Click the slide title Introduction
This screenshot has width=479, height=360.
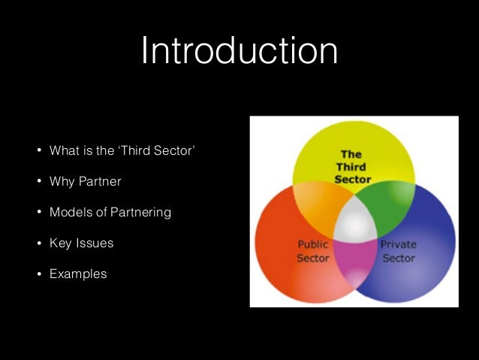click(239, 51)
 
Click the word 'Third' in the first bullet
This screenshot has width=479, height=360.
click(140, 151)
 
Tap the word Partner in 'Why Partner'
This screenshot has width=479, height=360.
click(100, 182)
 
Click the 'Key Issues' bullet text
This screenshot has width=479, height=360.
click(81, 244)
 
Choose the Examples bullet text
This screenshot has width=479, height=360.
click(78, 274)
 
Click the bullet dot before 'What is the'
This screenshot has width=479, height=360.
click(38, 151)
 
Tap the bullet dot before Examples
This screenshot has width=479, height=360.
click(38, 274)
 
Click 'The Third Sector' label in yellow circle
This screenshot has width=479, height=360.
click(352, 167)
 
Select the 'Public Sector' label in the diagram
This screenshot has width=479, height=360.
click(313, 251)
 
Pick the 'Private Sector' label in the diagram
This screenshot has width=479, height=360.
click(399, 251)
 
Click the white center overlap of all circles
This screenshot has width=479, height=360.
click(354, 222)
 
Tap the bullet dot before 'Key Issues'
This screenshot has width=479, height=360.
click(38, 244)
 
